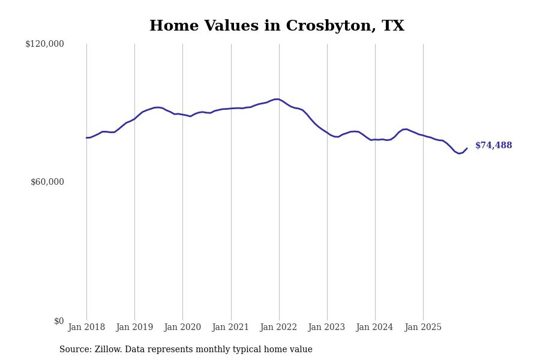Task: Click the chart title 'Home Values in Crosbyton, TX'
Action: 277,26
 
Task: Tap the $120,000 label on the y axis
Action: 44,44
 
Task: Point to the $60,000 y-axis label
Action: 47,182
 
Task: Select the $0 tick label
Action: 59,321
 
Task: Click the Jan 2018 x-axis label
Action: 86,328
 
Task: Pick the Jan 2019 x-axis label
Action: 134,328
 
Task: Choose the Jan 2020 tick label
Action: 182,328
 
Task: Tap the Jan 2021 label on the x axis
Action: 230,328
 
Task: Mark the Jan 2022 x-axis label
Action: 278,328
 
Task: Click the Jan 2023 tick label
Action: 326,328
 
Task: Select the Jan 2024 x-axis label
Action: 374,328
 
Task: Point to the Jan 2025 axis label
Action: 423,328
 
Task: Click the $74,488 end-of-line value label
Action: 493,146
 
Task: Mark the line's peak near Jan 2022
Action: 276,99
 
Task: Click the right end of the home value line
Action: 467,148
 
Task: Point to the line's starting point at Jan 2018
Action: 86,138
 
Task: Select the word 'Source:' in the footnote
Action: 76,350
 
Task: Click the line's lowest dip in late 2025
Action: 459,154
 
